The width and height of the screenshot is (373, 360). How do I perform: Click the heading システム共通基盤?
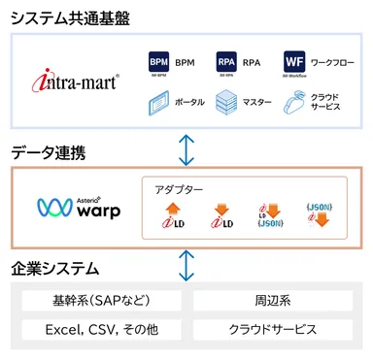coord(72,16)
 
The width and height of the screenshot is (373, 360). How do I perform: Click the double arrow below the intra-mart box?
coord(186,148)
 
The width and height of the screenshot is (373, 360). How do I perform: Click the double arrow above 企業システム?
coord(186,264)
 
